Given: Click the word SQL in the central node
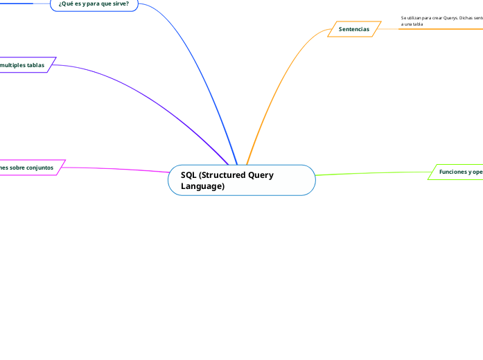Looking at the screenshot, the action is (188, 175).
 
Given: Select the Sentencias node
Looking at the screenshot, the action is (354, 29).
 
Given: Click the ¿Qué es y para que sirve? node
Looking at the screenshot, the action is (94, 4).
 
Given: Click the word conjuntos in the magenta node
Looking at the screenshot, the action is (38, 168).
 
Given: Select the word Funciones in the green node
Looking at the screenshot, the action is (453, 172).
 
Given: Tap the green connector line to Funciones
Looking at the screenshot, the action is (374, 172).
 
